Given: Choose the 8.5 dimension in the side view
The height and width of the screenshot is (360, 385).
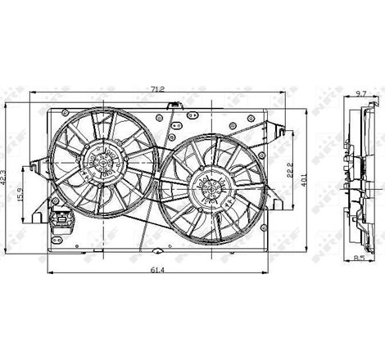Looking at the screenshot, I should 359,259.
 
